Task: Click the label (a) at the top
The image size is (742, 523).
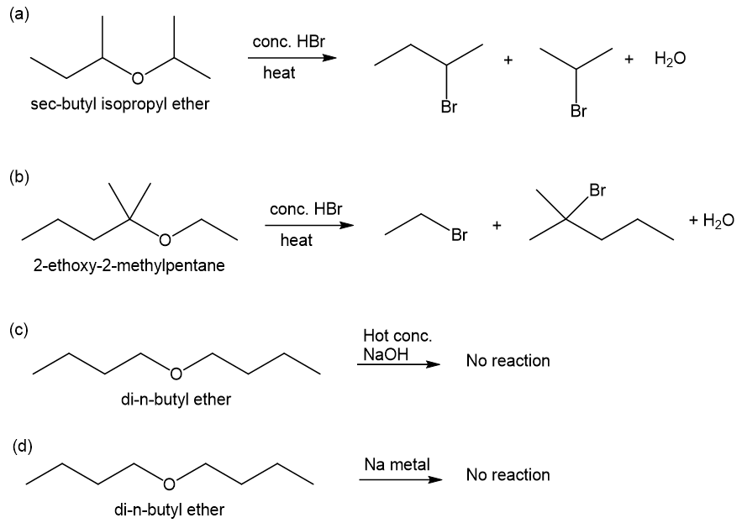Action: [x=19, y=14]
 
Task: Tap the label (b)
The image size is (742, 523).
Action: [x=19, y=177]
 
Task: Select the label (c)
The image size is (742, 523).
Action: [x=19, y=330]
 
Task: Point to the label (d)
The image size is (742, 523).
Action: [x=22, y=446]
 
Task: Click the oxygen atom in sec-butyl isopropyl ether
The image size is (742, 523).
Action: [x=137, y=78]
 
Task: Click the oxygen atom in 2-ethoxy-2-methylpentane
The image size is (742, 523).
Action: [x=165, y=241]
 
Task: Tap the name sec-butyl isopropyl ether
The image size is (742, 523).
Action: [x=119, y=104]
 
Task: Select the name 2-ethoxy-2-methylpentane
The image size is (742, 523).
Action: [x=129, y=265]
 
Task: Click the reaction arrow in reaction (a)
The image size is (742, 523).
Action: [x=292, y=58]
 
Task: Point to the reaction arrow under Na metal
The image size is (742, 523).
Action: [x=401, y=479]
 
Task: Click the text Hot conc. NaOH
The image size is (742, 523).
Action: [x=397, y=345]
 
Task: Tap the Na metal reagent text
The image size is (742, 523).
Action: [x=397, y=464]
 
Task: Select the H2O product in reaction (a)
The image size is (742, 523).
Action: [x=670, y=59]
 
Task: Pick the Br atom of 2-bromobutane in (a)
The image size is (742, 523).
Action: [x=449, y=107]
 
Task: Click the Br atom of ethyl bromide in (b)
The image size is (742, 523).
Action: [x=459, y=234]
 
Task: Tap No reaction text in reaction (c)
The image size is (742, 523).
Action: [x=508, y=361]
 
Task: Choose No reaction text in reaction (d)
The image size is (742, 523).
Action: [x=508, y=475]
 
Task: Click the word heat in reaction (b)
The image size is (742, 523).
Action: [x=297, y=240]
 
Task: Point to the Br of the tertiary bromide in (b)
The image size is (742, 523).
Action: [x=597, y=190]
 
